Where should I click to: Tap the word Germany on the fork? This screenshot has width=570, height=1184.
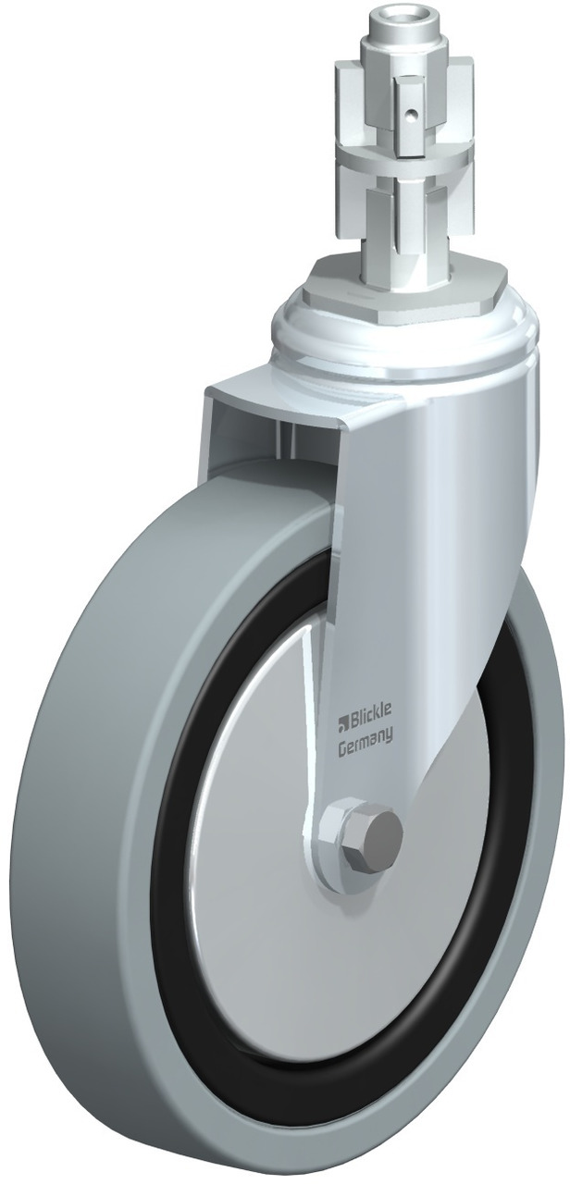point(365,736)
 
